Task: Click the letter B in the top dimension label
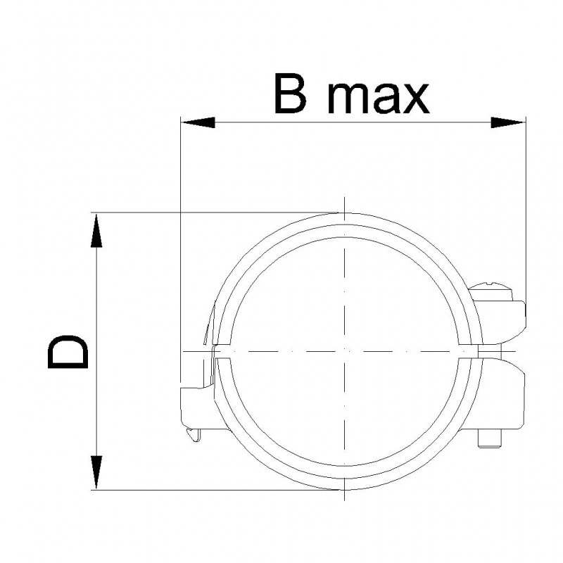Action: click(x=290, y=94)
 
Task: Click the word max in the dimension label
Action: click(x=379, y=98)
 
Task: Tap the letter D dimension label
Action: click(x=68, y=351)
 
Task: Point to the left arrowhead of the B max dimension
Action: click(x=198, y=122)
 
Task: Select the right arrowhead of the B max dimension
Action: click(x=507, y=122)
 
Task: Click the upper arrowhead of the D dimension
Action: click(x=96, y=231)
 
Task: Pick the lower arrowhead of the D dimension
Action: click(x=96, y=472)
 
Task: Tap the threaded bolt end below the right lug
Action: click(x=490, y=438)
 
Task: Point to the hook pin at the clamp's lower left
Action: click(x=193, y=434)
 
